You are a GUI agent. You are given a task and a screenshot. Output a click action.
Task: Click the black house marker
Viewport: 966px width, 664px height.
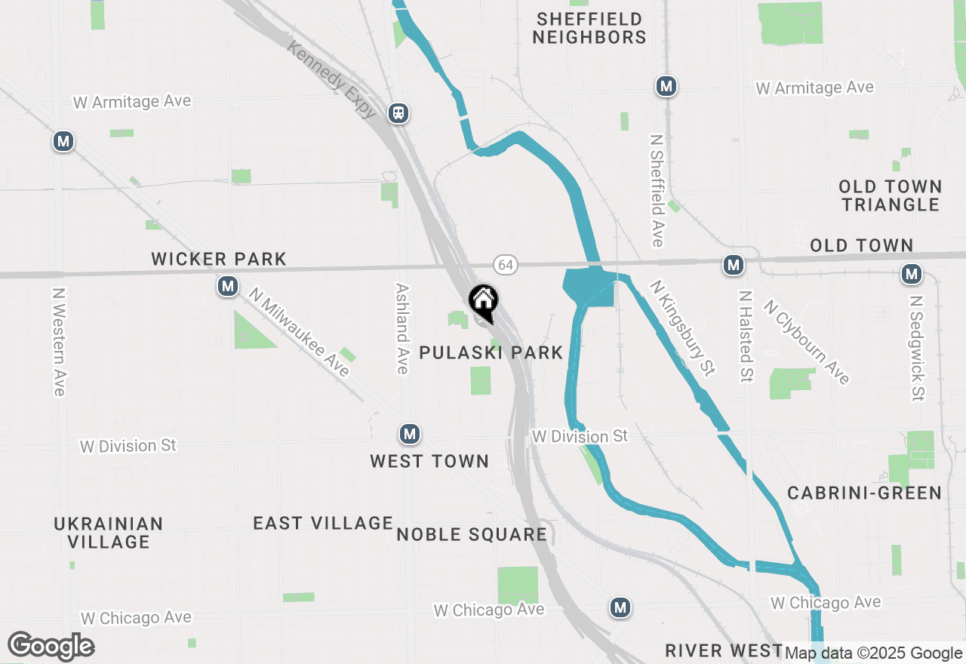tap(484, 303)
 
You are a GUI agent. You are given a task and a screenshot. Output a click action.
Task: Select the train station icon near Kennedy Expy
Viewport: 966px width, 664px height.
tap(398, 114)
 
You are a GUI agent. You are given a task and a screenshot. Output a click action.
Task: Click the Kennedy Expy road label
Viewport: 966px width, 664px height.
tap(332, 79)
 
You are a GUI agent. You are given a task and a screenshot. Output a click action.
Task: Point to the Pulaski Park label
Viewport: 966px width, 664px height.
tap(491, 352)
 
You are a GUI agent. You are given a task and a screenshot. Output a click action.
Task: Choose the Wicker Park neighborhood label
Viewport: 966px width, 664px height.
tap(219, 260)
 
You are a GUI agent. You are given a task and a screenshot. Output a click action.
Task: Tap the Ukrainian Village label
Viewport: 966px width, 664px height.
tap(109, 533)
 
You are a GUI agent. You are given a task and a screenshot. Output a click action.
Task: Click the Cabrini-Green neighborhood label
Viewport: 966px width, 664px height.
tap(864, 493)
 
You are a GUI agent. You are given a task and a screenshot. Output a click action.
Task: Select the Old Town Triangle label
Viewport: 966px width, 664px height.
tap(891, 195)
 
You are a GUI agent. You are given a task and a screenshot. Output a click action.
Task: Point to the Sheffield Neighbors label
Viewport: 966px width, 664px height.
tap(589, 28)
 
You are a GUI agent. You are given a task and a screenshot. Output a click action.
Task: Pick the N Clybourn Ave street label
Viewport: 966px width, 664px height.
tap(806, 342)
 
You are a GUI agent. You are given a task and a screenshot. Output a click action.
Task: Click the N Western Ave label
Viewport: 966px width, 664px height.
tap(59, 340)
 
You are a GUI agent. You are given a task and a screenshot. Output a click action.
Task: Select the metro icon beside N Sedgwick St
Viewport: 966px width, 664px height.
tap(912, 275)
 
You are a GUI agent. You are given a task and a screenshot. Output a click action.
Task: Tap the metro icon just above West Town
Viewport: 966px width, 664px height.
tap(409, 434)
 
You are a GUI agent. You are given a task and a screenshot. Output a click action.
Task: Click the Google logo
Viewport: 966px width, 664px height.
tap(51, 647)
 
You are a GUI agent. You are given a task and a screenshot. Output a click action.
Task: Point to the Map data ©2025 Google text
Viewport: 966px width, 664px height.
tap(873, 653)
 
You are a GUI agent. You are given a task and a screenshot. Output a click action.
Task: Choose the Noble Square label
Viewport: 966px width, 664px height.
tap(472, 535)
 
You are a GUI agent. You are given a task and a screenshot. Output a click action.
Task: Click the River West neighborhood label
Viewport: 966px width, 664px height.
tap(723, 650)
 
